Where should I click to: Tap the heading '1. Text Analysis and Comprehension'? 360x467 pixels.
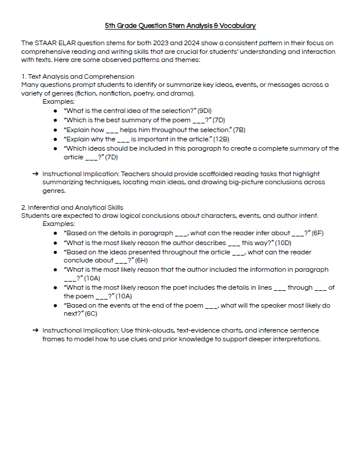[x=78, y=76]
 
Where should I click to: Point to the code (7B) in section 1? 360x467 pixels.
[x=239, y=130]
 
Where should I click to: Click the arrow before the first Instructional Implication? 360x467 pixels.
[x=37, y=174]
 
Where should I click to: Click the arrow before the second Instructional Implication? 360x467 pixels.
[x=37, y=330]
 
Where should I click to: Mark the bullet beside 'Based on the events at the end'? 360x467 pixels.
[x=54, y=305]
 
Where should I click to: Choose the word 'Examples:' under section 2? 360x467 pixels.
[x=59, y=224]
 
